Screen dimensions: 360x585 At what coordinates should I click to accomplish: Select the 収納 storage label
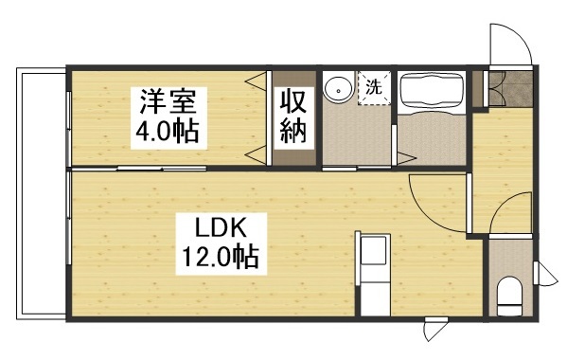click(x=292, y=116)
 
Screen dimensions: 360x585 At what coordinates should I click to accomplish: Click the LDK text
click(x=222, y=227)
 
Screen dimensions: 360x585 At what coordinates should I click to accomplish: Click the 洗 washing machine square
click(x=374, y=87)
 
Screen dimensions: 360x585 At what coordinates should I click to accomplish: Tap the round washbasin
click(x=335, y=89)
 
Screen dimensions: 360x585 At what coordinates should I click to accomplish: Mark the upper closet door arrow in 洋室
click(x=255, y=82)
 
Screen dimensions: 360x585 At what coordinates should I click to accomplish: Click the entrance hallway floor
click(x=502, y=152)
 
